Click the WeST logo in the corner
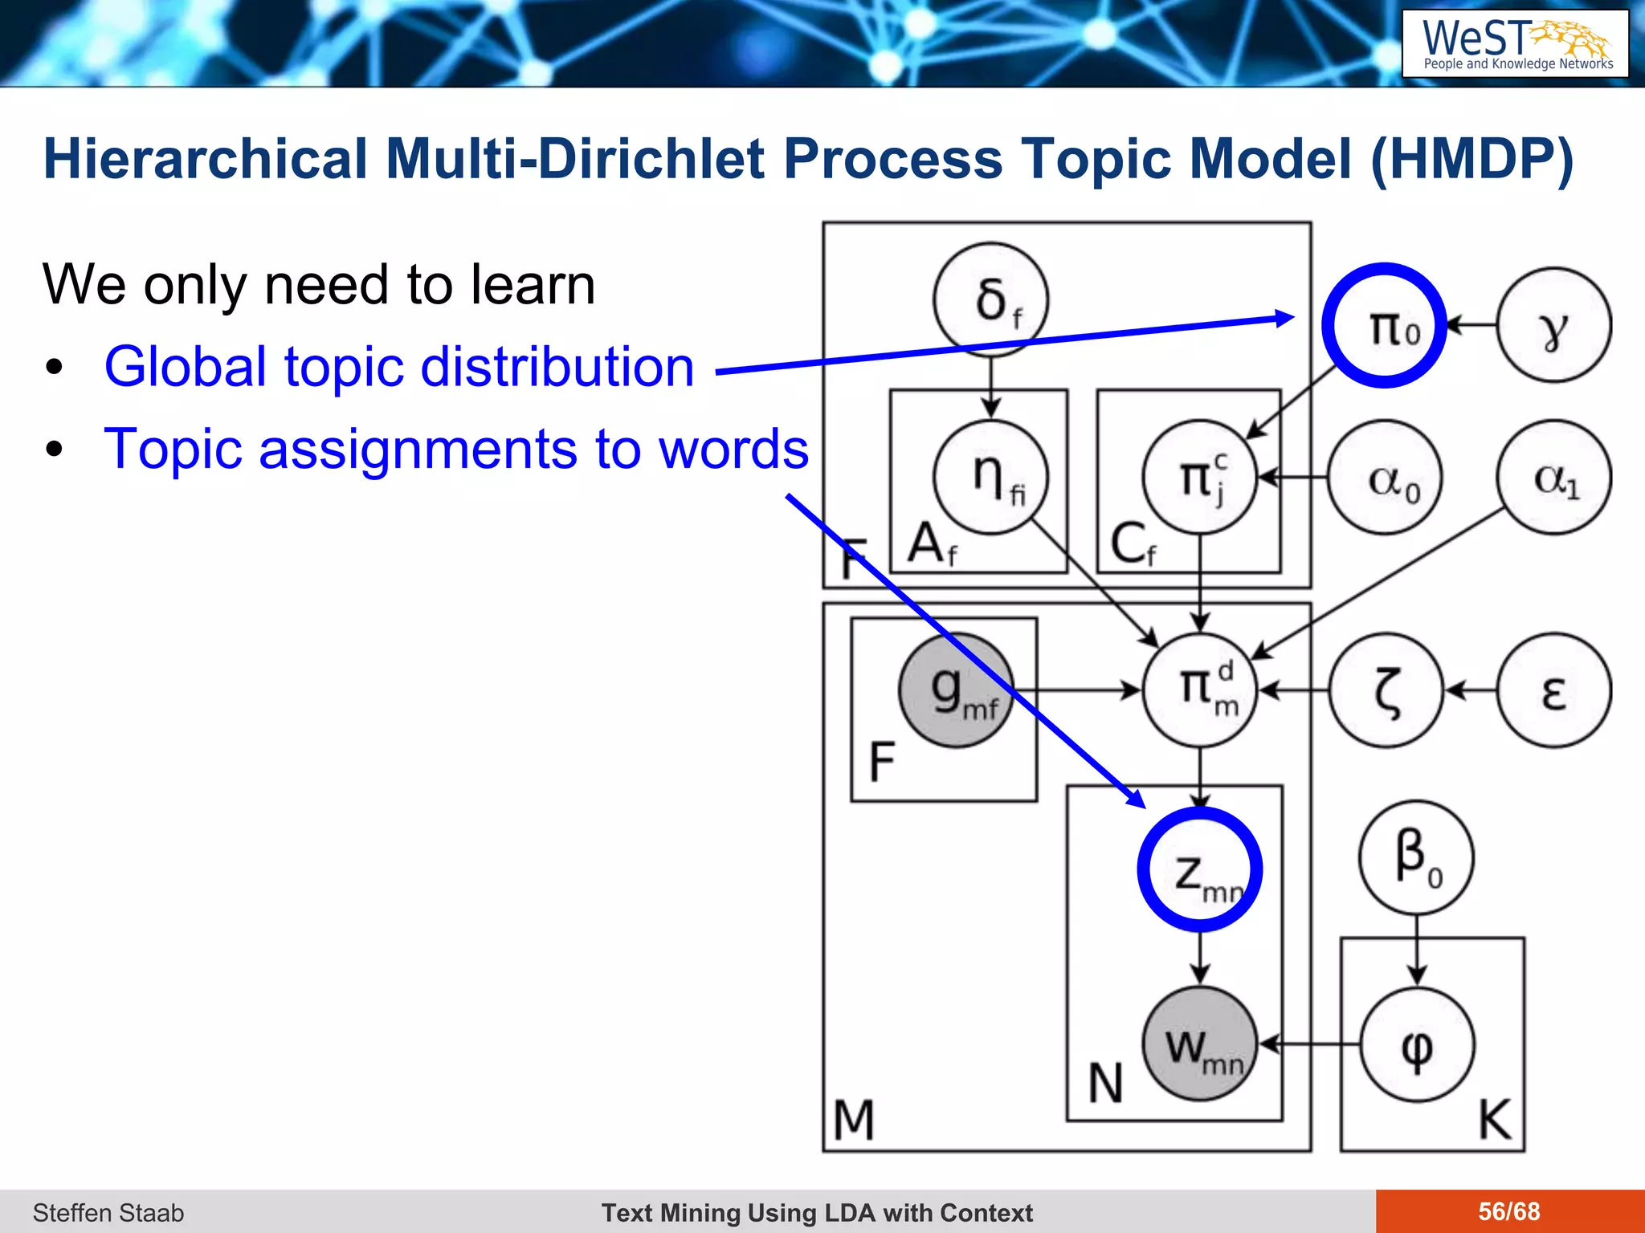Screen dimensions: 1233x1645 point(1515,43)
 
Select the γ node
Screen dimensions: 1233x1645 point(1553,325)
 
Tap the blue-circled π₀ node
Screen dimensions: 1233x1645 point(1384,325)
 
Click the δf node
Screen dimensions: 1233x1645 point(990,299)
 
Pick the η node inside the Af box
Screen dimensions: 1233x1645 point(990,477)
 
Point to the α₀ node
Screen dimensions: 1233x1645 point(1385,478)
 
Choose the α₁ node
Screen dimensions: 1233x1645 point(1553,478)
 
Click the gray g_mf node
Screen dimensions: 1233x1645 point(956,690)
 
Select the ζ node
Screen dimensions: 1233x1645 point(1386,690)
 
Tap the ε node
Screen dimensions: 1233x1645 point(1553,690)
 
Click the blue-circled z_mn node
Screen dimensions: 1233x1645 point(1200,869)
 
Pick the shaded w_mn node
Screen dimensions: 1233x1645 point(1200,1044)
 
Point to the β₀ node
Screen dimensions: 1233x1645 point(1416,857)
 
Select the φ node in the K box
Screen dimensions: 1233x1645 point(1417,1044)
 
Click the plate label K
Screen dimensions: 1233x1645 point(1495,1119)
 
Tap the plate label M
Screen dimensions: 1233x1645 point(853,1120)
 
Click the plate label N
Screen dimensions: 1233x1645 point(1105,1084)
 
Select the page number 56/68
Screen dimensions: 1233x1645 point(1509,1211)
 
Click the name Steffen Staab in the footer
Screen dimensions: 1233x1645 point(108,1212)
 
